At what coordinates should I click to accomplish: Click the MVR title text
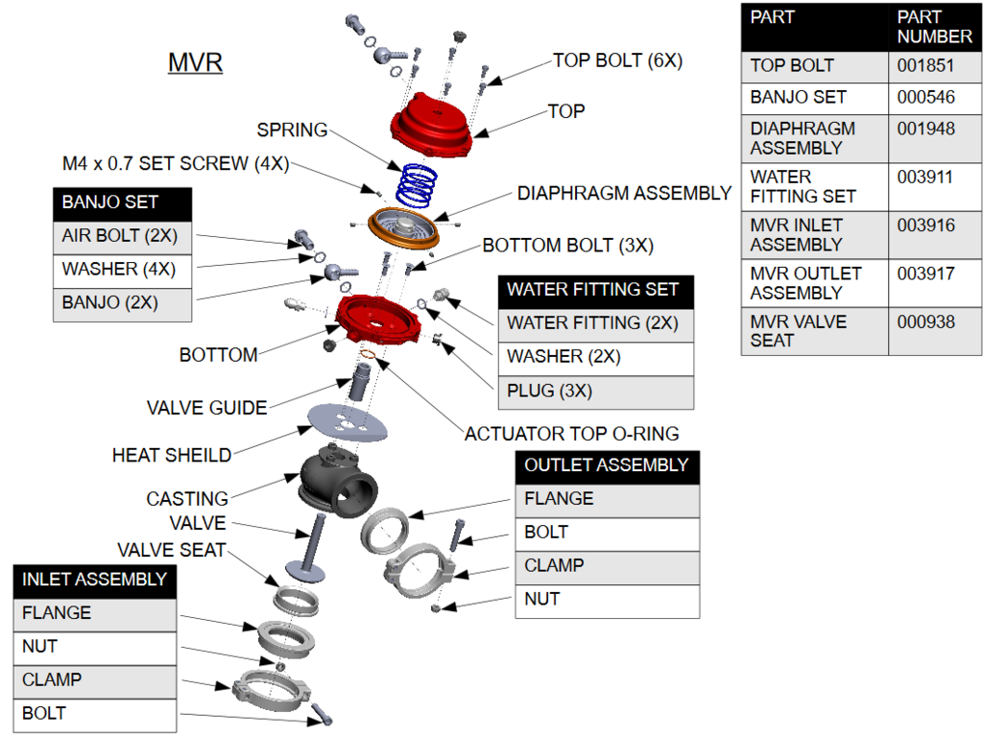click(x=195, y=63)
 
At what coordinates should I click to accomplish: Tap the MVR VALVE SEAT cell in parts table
click(x=814, y=331)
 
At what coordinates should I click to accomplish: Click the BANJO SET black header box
click(x=122, y=202)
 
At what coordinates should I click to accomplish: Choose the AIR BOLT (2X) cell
click(x=122, y=236)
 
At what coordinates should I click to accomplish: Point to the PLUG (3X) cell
click(x=595, y=391)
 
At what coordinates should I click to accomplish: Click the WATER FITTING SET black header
click(x=595, y=289)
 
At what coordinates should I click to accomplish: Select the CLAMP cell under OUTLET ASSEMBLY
click(x=607, y=565)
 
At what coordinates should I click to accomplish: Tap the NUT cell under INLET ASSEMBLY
click(x=94, y=647)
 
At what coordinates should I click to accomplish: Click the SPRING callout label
click(x=292, y=130)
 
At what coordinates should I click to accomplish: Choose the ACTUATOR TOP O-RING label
click(x=571, y=434)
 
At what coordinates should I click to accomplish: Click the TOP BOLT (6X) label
click(x=617, y=60)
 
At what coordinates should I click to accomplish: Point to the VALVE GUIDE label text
click(x=206, y=408)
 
